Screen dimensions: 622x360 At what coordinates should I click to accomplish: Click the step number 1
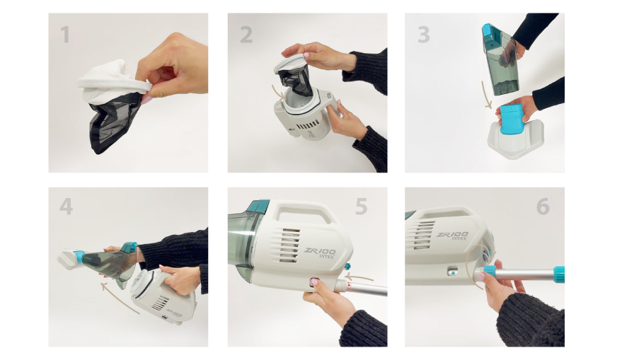(x=65, y=35)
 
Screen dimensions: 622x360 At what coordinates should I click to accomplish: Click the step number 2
(x=246, y=35)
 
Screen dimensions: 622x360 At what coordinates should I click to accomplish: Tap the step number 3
(x=424, y=35)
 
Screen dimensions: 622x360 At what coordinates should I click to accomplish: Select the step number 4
(x=67, y=207)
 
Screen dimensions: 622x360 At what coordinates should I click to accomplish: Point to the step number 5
(x=361, y=207)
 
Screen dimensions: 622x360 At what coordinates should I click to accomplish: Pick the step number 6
(x=543, y=207)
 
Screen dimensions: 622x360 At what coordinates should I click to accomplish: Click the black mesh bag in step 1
(x=113, y=125)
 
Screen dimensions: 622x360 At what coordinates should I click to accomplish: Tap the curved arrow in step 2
(x=278, y=91)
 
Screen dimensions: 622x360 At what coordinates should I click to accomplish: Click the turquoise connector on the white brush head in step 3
(x=512, y=120)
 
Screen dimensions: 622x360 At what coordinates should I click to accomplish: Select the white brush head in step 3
(x=515, y=139)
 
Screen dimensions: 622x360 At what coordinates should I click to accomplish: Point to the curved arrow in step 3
(x=486, y=95)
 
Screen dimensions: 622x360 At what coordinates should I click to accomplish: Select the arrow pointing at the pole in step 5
(x=359, y=277)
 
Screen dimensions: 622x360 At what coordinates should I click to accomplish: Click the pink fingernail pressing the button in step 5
(x=315, y=282)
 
